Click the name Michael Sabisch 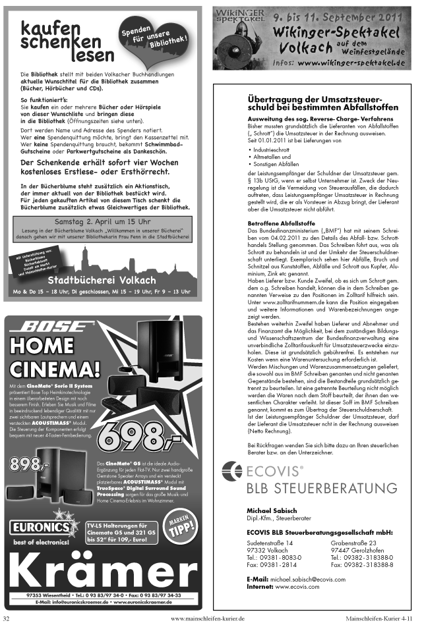pyautogui.click(x=271, y=510)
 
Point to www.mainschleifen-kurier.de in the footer pyautogui.click(x=207, y=618)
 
